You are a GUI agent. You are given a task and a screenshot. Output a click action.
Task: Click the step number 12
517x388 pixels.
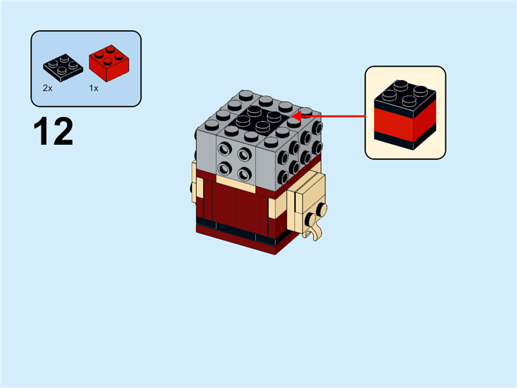pos(53,131)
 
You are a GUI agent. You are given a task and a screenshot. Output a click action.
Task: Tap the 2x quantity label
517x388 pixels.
pos(47,88)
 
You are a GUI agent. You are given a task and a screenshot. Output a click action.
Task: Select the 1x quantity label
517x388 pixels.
pos(94,88)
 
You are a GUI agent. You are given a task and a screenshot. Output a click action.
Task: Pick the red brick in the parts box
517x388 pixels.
pos(108,61)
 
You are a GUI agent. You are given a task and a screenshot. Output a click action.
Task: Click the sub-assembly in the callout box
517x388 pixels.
pos(405,113)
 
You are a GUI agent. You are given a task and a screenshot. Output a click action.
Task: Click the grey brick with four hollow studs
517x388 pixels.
pos(234,160)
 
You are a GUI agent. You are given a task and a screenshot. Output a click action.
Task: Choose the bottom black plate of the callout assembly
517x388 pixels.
pos(405,138)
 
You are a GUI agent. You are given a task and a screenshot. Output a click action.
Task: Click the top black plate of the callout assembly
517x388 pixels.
pos(405,95)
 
